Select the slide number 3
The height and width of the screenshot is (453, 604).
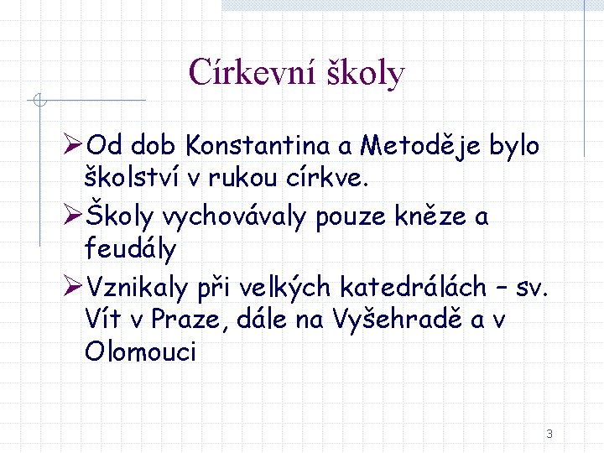tap(549, 434)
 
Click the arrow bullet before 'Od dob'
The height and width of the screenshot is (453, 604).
tap(73, 147)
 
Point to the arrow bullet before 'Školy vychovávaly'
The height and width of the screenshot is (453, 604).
tap(73, 217)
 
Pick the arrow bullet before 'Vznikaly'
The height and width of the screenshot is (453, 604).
tap(73, 288)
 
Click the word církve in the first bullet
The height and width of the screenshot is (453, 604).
tap(332, 177)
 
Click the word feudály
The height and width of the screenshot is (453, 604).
tap(131, 248)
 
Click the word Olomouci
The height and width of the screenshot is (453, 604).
tap(140, 351)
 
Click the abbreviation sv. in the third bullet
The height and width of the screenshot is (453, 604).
tap(531, 288)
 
